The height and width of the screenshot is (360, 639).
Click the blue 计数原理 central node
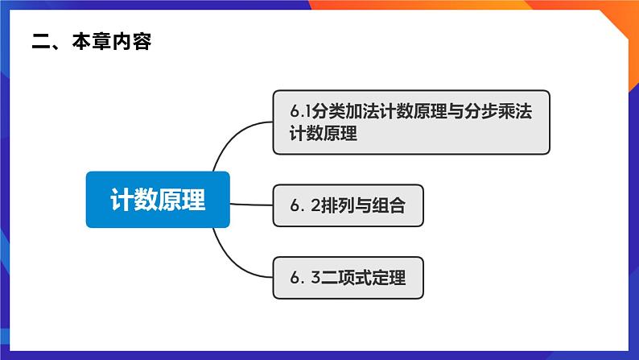pyautogui.click(x=158, y=200)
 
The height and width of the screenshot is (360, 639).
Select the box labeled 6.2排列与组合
pyautogui.click(x=348, y=206)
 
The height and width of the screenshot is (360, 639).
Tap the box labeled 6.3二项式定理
pyautogui.click(x=348, y=278)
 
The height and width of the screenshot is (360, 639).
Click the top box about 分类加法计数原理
pyautogui.click(x=410, y=122)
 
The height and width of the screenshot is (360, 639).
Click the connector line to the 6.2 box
pyautogui.click(x=251, y=205)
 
